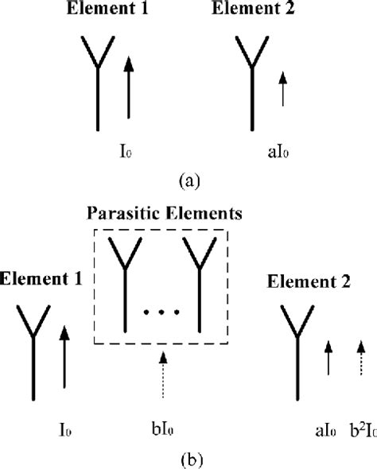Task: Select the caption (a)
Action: click(188, 180)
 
